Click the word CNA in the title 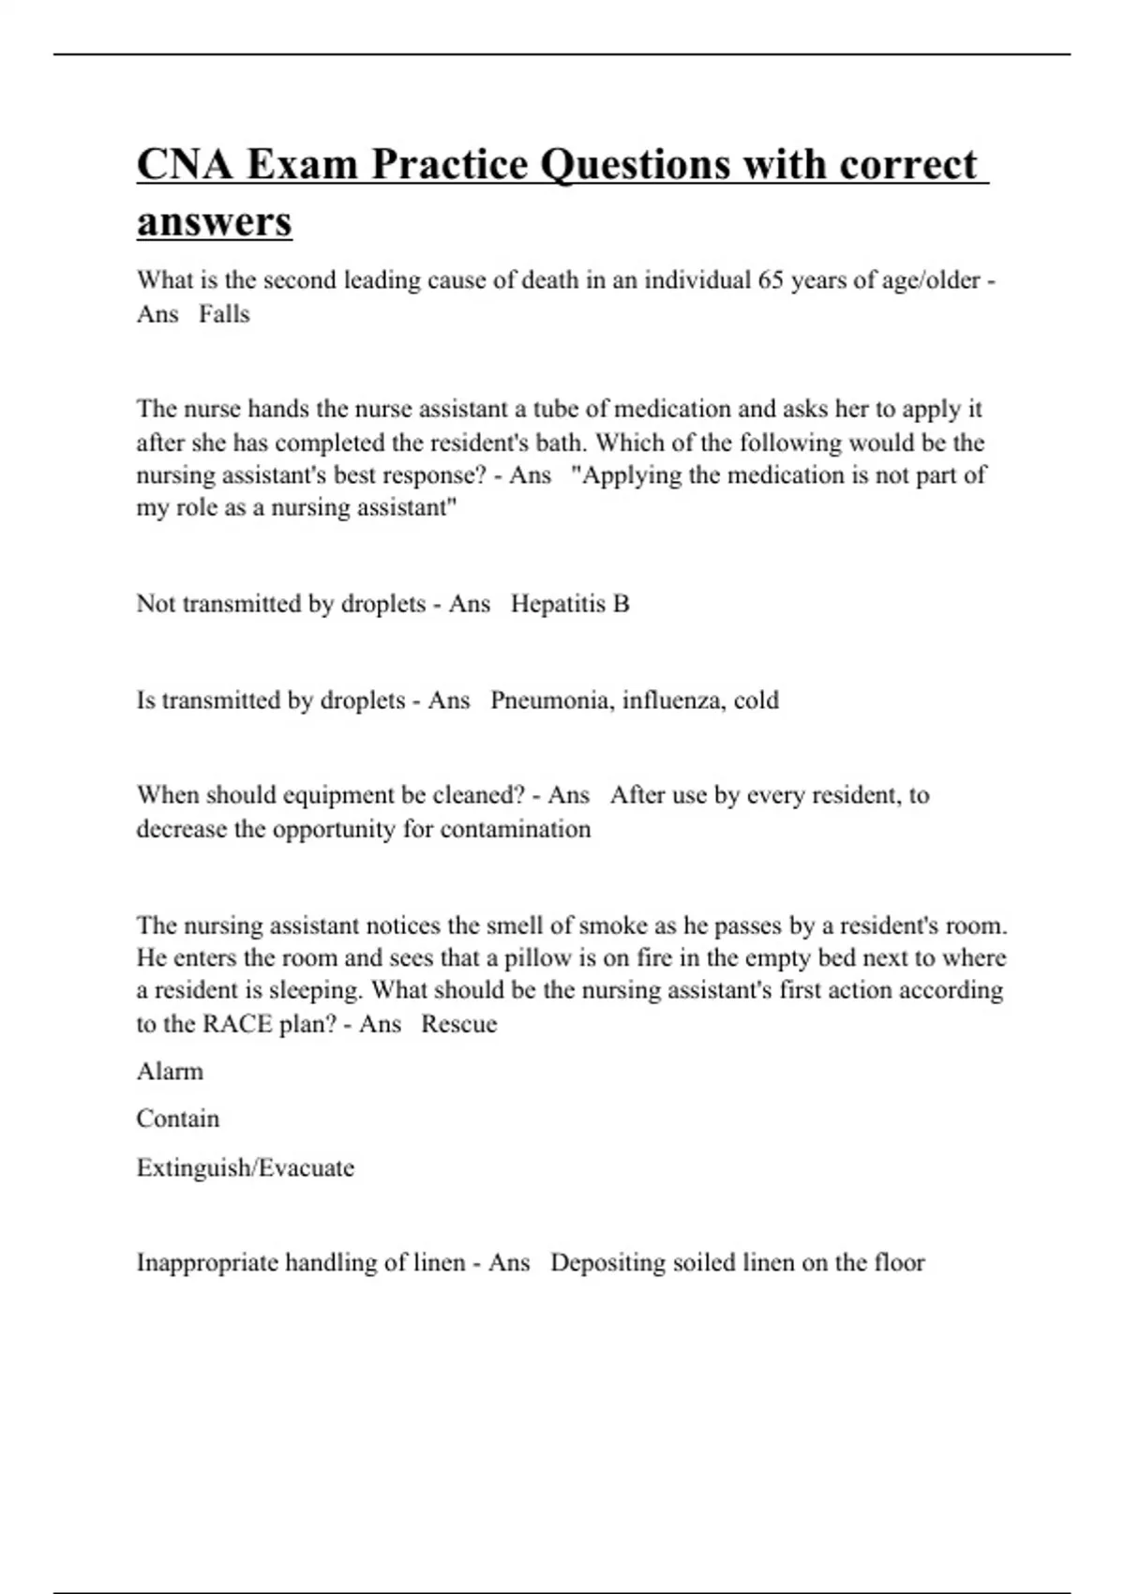184,164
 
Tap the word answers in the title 215,221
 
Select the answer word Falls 224,314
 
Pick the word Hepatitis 559,604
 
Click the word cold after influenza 756,700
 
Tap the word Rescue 459,1024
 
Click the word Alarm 170,1071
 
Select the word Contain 178,1119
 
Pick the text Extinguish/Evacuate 246,1167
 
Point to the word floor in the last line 899,1263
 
